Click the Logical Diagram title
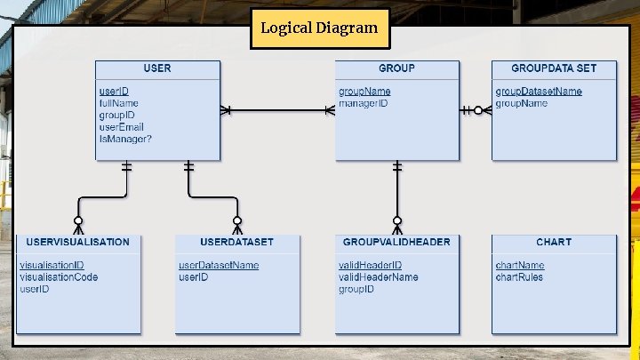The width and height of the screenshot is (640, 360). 319,28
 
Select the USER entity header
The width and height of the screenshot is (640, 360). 157,68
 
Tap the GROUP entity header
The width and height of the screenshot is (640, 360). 396,68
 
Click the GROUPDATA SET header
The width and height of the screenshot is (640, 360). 554,68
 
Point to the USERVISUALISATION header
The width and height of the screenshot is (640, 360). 78,242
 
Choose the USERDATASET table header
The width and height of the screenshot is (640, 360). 237,242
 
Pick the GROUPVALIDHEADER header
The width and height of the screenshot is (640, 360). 396,242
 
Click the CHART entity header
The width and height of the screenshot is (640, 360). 554,242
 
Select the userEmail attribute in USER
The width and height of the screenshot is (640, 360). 121,127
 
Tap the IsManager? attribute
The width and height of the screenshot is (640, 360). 125,139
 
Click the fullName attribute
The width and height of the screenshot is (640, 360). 118,104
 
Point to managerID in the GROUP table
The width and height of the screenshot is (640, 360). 363,104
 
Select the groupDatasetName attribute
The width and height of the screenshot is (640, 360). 539,92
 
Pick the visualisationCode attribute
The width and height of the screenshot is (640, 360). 59,277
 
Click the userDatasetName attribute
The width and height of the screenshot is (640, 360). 219,265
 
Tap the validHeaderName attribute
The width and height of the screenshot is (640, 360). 378,277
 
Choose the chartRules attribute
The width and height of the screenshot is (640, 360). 519,277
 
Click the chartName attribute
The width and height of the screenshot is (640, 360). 520,265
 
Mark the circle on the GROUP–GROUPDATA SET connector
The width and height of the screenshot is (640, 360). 478,110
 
